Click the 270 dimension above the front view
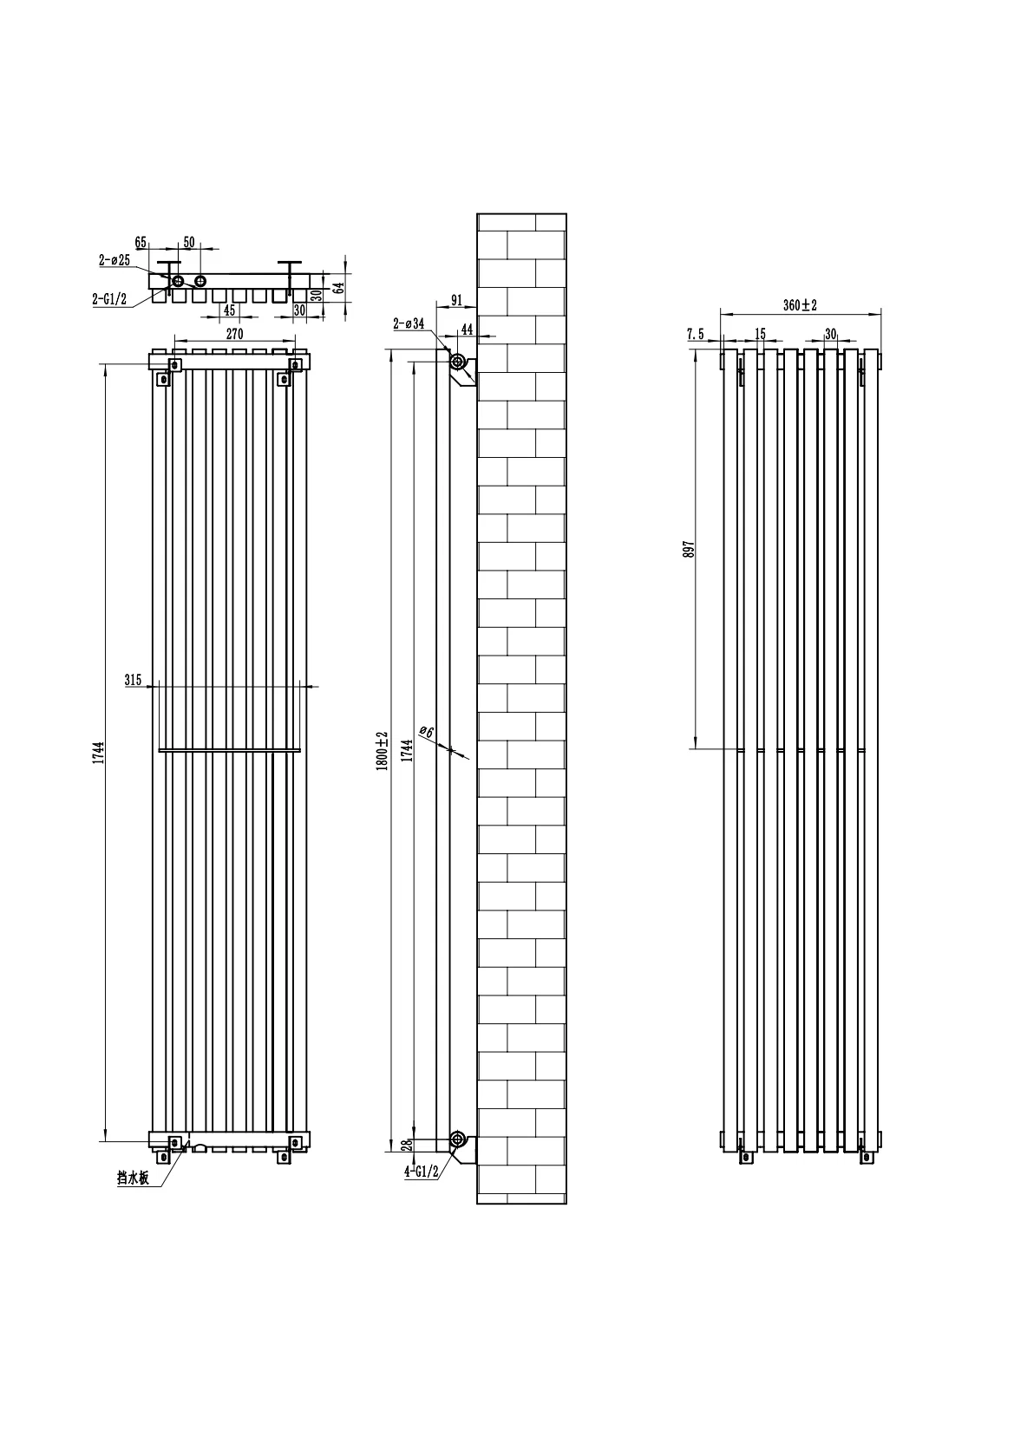click(234, 334)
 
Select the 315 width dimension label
click(134, 680)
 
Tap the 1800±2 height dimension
click(381, 750)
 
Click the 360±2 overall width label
click(801, 305)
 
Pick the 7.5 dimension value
click(695, 334)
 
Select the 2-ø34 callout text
click(409, 324)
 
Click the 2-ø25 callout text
click(114, 260)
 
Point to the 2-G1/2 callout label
click(109, 298)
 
